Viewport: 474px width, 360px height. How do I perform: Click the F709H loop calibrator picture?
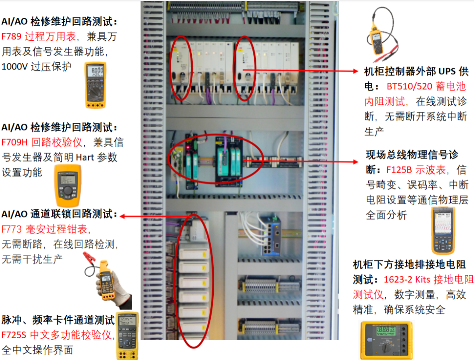(x=67, y=185)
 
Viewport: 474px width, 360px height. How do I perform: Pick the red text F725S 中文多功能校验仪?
(x=57, y=335)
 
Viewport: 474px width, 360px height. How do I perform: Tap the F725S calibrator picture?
(x=127, y=335)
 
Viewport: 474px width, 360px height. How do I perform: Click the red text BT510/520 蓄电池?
(x=426, y=86)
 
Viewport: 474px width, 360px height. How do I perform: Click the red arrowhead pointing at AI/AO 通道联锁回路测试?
(x=122, y=216)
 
